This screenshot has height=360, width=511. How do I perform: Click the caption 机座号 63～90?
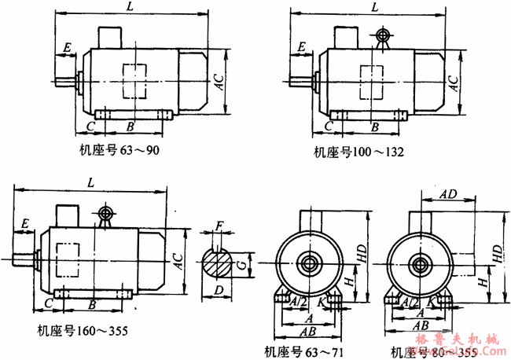119,150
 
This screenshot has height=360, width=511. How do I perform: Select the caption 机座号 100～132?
358,152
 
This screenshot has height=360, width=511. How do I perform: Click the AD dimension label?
448,193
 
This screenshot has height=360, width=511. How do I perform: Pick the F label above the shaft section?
220,229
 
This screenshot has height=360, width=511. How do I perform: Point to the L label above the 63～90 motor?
128,7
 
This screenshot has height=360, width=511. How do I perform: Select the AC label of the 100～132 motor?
454,82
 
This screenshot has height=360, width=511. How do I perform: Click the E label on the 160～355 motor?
26,225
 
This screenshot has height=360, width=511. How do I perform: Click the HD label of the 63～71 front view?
361,253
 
